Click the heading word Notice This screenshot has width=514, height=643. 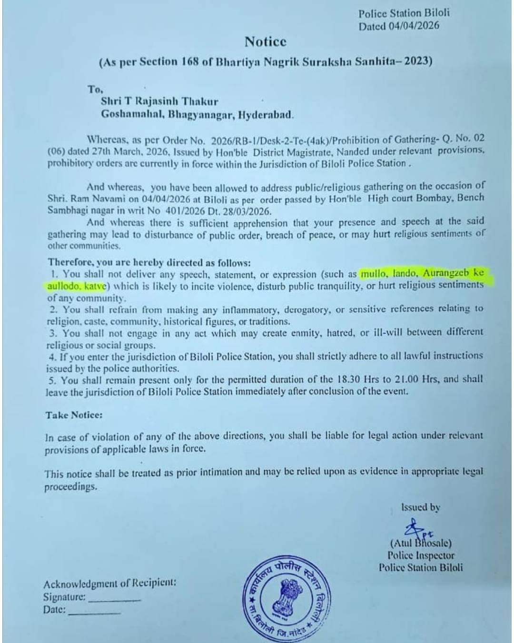pos(265,42)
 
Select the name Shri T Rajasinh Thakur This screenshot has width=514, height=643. pos(159,101)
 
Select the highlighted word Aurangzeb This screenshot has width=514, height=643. pos(446,273)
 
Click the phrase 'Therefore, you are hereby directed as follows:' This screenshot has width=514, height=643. pos(148,262)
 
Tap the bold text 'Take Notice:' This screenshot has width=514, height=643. pos(74,415)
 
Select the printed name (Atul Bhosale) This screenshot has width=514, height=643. pos(421,543)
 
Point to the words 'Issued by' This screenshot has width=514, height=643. pos(420,508)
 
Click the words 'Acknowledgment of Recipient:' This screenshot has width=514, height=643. pos(109,583)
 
